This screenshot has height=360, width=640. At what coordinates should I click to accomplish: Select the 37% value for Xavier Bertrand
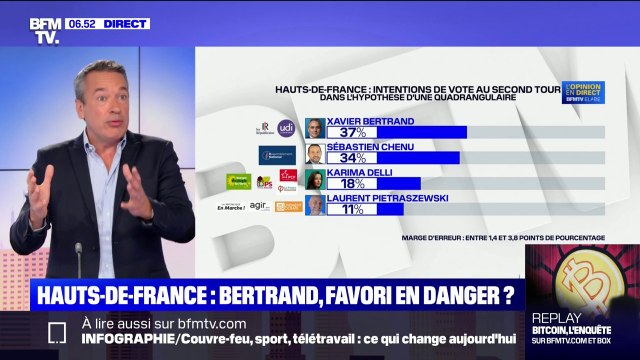click(x=351, y=132)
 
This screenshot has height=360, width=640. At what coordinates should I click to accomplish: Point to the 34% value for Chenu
click(x=351, y=158)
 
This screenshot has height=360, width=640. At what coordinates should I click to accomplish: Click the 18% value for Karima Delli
click(x=351, y=184)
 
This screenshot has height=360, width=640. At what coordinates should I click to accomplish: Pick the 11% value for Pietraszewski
click(x=351, y=209)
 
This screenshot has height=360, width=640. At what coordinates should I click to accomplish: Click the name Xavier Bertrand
click(x=369, y=119)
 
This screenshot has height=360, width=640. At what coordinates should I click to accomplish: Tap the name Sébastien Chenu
click(x=371, y=145)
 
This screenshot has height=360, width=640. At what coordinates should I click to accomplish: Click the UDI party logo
click(x=286, y=127)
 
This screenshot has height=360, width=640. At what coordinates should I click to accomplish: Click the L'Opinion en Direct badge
click(x=586, y=93)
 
